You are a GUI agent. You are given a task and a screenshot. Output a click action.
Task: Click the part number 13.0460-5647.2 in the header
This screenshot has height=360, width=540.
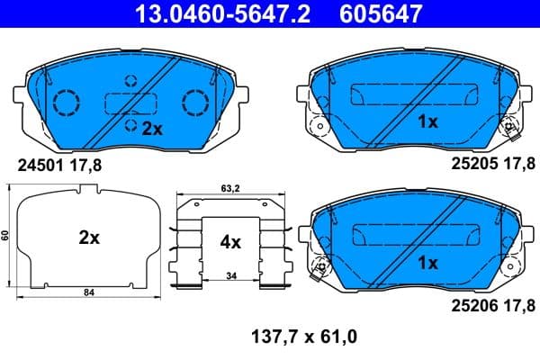pos(213,13)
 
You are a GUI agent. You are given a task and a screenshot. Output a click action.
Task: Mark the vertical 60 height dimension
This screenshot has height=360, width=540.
pos(5,235)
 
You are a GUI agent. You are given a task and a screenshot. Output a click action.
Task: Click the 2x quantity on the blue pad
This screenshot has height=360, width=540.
pos(151,129)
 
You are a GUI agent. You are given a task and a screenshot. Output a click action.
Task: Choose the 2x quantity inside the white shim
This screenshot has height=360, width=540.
pos(88,238)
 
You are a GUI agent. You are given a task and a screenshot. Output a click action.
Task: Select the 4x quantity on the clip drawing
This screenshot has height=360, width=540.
pos(230,241)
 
